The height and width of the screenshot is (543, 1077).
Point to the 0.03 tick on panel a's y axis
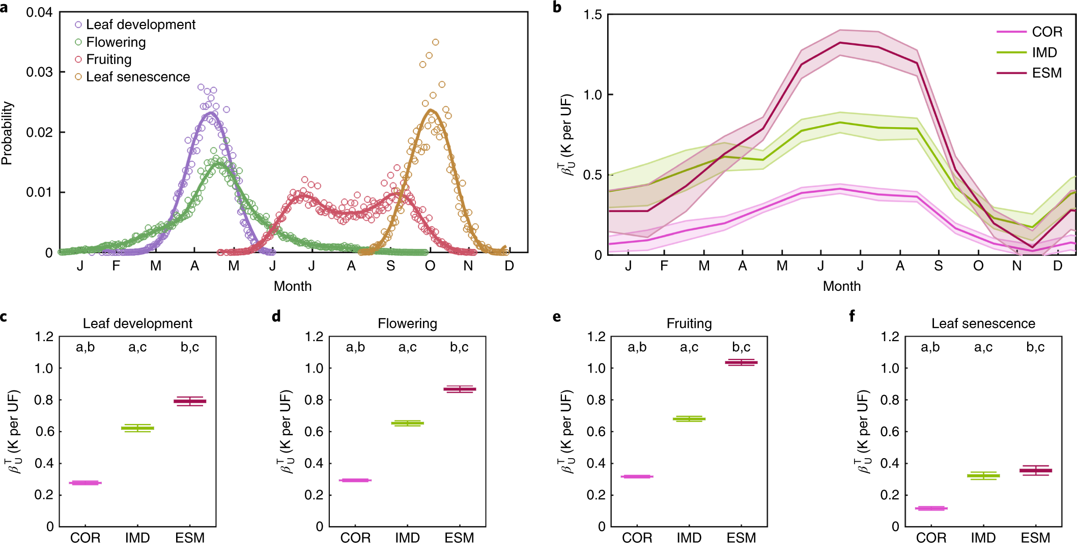tap(40, 72)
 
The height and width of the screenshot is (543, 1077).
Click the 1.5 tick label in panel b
tap(592, 15)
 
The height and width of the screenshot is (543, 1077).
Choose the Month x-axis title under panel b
tap(841, 286)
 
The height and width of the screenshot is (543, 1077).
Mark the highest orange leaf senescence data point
tap(435, 42)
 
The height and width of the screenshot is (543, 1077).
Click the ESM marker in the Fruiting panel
tap(741, 363)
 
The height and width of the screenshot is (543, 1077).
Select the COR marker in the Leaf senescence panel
tap(931, 508)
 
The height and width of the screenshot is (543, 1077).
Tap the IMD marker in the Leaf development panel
tap(137, 428)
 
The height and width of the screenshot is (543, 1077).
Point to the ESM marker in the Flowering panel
tap(459, 389)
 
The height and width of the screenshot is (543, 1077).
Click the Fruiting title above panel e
tap(689, 324)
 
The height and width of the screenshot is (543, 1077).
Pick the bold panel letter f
tap(852, 316)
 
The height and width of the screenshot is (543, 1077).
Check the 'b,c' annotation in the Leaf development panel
tap(190, 347)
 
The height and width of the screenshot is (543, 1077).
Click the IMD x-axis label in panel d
tap(407, 537)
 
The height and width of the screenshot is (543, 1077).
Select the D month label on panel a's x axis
tap(509, 266)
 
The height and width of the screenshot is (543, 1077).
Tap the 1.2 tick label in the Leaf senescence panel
tap(890, 337)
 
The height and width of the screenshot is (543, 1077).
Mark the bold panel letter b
tap(557, 7)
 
